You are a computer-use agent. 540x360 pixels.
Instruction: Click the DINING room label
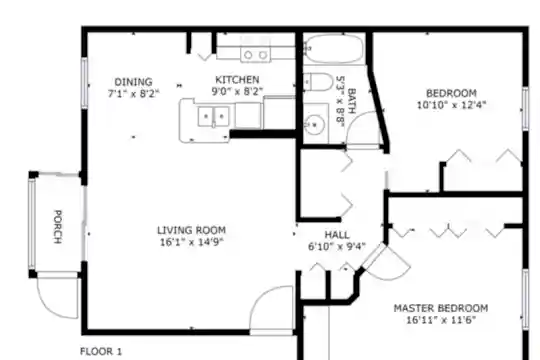coord(133,82)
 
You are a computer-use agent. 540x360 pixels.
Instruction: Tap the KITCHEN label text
coord(237,80)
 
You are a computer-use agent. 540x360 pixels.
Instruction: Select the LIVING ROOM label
coord(191,230)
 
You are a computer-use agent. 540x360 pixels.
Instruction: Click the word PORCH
coord(58,227)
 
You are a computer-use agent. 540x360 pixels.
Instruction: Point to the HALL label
coord(337,235)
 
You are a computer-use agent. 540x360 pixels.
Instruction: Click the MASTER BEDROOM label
coord(441,308)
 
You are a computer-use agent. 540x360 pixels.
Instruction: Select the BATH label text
coord(351,101)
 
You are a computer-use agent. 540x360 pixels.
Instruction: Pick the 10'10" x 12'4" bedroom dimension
coord(451,105)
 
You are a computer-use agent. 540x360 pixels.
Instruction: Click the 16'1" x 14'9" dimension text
coord(192,242)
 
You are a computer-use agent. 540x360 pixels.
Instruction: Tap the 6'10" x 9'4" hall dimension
coord(336,247)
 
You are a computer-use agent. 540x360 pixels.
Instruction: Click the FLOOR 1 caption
coord(101,352)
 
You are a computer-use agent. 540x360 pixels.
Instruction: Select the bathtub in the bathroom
coord(334,49)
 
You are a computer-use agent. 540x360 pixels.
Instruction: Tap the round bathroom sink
coord(315,124)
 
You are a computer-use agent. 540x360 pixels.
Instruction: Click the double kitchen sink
coord(214,117)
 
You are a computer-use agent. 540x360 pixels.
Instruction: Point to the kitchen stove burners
coord(256,55)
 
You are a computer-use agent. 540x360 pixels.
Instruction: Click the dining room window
coord(84,83)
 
